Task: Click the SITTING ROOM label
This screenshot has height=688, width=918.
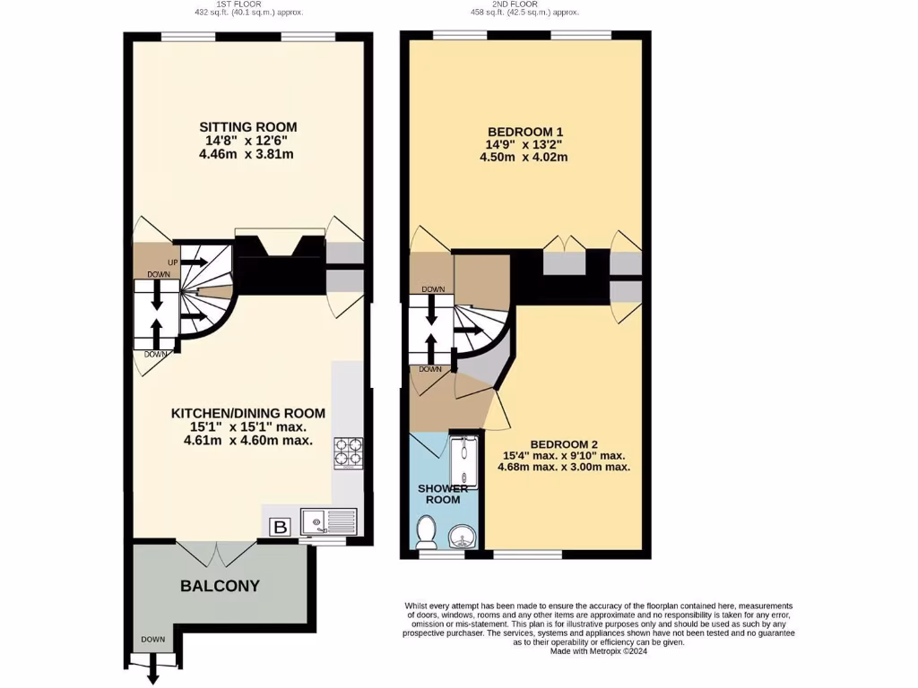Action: [x=247, y=126]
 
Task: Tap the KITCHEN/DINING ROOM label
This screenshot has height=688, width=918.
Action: [x=247, y=413]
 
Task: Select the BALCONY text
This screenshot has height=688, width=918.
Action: [x=220, y=586]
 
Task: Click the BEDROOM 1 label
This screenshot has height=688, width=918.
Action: [x=524, y=130]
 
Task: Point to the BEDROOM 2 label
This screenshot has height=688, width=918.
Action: [x=564, y=444]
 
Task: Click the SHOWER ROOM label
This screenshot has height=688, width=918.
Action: [x=444, y=494]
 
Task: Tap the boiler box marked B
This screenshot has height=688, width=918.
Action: [x=280, y=528]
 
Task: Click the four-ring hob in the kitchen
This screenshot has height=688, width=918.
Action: [x=349, y=452]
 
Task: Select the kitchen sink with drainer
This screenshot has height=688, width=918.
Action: [x=329, y=520]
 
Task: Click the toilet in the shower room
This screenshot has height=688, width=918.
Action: [x=426, y=535]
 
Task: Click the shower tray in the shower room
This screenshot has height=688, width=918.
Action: [x=463, y=463]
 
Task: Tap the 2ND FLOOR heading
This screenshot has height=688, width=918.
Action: [x=524, y=4]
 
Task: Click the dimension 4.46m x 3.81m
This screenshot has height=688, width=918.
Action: [x=247, y=154]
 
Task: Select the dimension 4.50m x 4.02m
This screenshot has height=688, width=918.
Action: [x=524, y=158]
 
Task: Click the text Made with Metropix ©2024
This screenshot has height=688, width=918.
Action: [x=598, y=651]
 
